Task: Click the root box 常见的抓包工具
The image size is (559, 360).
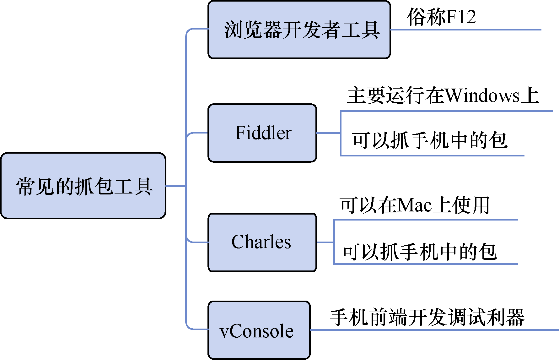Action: [83, 186]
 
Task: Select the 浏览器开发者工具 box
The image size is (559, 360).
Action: [299, 30]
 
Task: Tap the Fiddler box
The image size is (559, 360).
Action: [262, 133]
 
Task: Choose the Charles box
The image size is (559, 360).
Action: [262, 242]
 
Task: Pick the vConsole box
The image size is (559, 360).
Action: [259, 330]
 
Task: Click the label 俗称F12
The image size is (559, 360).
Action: [441, 17]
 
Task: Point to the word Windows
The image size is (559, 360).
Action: [482, 95]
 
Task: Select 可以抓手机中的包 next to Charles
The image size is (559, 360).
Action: [419, 252]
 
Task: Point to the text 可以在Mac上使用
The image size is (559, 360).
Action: [414, 205]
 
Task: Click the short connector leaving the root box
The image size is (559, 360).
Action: [176, 186]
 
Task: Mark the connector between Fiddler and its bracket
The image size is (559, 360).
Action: [328, 133]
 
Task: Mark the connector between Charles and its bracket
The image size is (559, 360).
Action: [325, 242]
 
